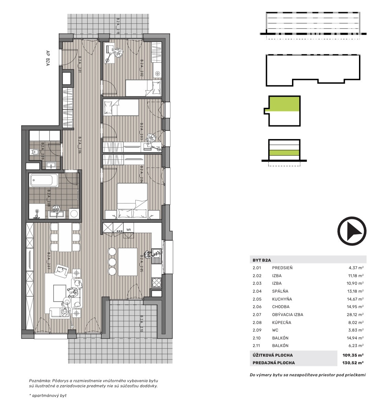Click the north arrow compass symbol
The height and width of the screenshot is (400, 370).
pos(352,231)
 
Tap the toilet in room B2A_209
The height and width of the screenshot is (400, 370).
pos(34,152)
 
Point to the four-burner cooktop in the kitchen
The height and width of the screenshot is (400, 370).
pos(156,282)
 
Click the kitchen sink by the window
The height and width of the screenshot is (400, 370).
pos(156,256)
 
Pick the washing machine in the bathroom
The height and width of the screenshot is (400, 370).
pos(74,213)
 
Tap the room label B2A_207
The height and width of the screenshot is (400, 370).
pos(49,261)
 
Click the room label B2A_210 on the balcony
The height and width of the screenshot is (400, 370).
pos(142,324)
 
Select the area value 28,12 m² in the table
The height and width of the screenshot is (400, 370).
pos(355,315)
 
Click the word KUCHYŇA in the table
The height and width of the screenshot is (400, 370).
pos(282,299)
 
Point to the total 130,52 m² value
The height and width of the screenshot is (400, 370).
pos(353,362)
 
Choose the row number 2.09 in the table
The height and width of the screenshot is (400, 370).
pos(257,330)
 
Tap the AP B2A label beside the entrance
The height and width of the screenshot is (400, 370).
pos(48,58)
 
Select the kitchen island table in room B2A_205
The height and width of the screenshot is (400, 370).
pos(127,262)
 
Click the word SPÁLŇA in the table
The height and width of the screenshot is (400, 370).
pos(280,291)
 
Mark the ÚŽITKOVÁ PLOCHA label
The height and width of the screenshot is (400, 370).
pos(273,355)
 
